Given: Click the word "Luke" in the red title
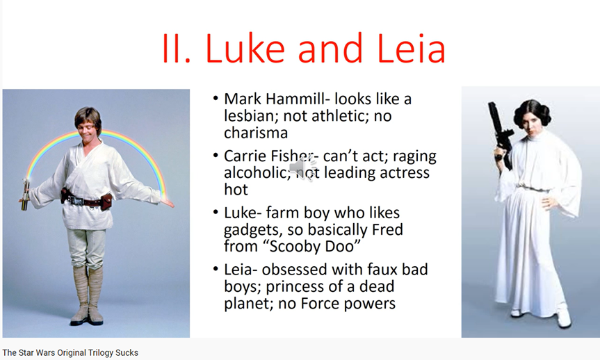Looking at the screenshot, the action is [245, 48].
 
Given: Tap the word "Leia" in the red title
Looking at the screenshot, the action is [412, 48].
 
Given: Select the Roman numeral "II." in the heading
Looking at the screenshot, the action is [176, 48].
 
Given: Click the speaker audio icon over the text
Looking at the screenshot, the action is [303, 168].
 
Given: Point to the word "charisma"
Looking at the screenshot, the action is [256, 133].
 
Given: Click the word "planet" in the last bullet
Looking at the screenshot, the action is [248, 304].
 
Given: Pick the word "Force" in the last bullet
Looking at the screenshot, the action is [320, 304].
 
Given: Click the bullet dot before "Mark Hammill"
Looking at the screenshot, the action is [216, 99].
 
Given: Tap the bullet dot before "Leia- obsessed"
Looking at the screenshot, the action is [216, 270].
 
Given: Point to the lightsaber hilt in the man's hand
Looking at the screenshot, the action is [25, 195].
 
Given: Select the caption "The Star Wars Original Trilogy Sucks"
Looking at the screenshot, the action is [70, 352].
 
